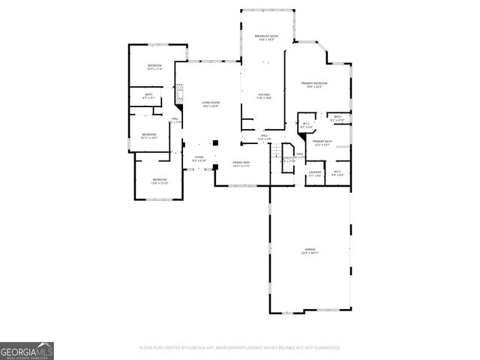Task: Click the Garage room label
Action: (x=310, y=250)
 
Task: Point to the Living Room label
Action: (x=210, y=103)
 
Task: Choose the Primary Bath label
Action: (x=322, y=143)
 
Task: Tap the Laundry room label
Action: (x=315, y=173)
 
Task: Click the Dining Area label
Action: (x=241, y=163)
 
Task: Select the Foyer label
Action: (x=199, y=158)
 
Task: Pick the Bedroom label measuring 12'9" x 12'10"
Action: (x=160, y=181)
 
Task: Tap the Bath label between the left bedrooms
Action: (x=148, y=95)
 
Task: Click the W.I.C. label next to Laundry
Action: (x=337, y=173)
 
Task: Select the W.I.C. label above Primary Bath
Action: (x=306, y=124)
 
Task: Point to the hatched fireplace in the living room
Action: (x=179, y=94)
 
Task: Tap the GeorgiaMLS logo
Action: (x=27, y=351)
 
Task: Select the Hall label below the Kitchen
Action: (x=264, y=137)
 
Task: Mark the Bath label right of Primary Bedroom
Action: (x=337, y=118)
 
